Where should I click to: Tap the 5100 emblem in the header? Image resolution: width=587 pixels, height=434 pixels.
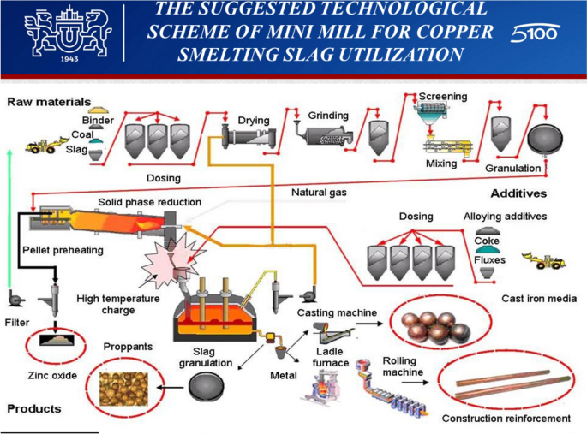tap(535, 34)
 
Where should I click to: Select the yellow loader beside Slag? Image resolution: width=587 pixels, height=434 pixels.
tap(42, 147)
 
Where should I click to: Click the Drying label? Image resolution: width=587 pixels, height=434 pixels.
tap(254, 121)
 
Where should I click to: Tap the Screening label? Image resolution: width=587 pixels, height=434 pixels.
tap(443, 97)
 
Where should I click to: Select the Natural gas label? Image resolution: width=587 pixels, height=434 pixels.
tap(319, 193)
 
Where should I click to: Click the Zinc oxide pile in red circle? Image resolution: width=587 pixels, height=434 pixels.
tap(57, 340)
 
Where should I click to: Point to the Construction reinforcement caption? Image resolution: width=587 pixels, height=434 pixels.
tap(506, 419)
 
